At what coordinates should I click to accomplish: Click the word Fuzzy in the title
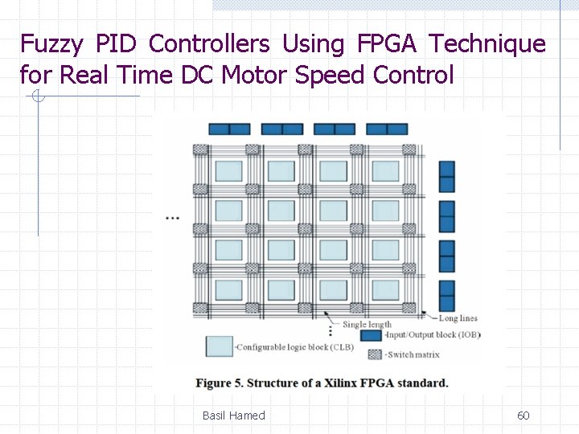click(50, 44)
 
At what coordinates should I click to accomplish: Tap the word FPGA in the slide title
click(382, 44)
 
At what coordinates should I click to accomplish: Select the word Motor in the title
click(254, 76)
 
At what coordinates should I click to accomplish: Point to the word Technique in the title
click(487, 44)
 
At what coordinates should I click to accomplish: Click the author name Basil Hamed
click(233, 416)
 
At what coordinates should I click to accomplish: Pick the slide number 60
click(523, 416)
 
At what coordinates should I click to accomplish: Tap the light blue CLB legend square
click(220, 346)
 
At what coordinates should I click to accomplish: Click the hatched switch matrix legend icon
click(374, 354)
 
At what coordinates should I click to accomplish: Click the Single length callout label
click(367, 325)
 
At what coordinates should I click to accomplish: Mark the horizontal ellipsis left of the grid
click(171, 218)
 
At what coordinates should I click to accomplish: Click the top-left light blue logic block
click(228, 171)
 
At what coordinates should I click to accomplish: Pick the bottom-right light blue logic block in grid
click(385, 290)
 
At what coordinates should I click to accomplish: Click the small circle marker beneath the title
click(37, 97)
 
